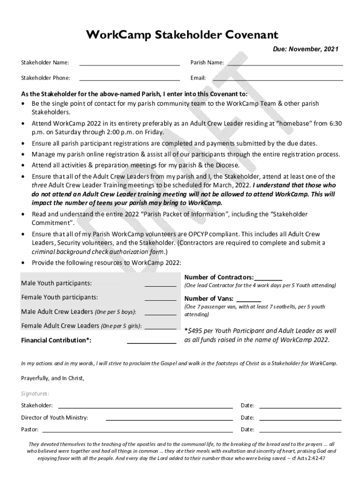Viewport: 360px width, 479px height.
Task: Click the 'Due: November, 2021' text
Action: (x=306, y=49)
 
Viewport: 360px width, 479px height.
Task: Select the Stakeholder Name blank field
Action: (x=130, y=63)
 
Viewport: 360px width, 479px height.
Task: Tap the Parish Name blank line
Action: (x=285, y=63)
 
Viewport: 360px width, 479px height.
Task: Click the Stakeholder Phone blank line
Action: (x=130, y=78)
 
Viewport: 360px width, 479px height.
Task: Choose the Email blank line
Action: (x=278, y=78)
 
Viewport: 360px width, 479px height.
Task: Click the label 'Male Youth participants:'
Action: (x=56, y=283)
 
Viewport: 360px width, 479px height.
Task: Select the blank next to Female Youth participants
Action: (x=160, y=298)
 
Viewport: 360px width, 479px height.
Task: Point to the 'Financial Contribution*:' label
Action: (x=56, y=340)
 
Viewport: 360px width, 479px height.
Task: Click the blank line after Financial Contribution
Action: (x=151, y=342)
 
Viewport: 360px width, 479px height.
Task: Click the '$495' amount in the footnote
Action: (x=195, y=331)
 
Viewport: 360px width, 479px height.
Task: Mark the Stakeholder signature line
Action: (x=145, y=406)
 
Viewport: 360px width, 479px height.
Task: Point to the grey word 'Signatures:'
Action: (x=35, y=393)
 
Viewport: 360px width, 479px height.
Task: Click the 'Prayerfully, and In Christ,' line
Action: (x=53, y=378)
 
